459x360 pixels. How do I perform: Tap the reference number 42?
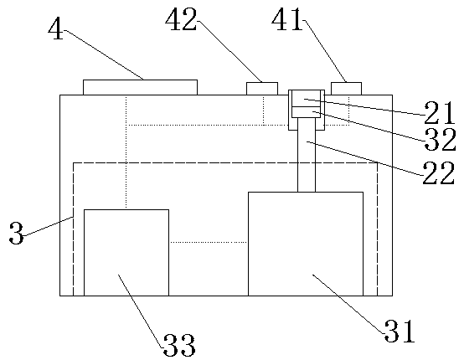181,20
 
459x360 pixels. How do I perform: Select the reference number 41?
286,19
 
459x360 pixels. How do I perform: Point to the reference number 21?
440,113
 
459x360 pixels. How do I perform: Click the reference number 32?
441,140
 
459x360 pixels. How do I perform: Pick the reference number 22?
439,172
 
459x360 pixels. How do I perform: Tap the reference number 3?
17,233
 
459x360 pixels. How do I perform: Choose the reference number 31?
400,332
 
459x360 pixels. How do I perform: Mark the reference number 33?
179,346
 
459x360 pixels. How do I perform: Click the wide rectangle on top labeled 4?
140,88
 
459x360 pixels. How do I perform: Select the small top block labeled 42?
262,89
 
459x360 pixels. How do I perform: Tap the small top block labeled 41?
346,89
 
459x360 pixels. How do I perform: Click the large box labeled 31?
306,244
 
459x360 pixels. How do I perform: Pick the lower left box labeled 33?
126,253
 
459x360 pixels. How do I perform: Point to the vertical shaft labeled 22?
307,155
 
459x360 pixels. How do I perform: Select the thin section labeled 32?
307,112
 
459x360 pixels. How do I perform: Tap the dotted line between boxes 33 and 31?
209,242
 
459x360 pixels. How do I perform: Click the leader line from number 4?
104,54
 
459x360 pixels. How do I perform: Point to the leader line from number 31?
348,304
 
